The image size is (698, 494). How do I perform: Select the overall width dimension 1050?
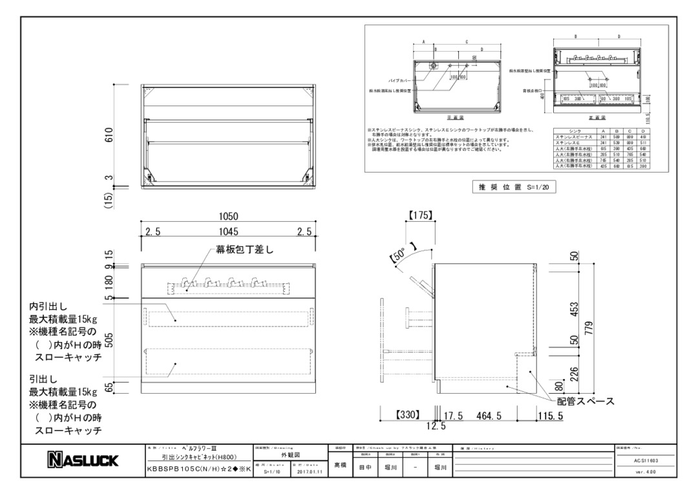coord(230,219)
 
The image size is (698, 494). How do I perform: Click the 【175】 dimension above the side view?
coord(420,215)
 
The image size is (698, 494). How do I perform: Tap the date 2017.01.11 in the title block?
coord(311,471)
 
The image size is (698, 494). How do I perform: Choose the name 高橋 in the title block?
coord(339,466)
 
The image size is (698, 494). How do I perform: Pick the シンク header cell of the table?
coord(574,131)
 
